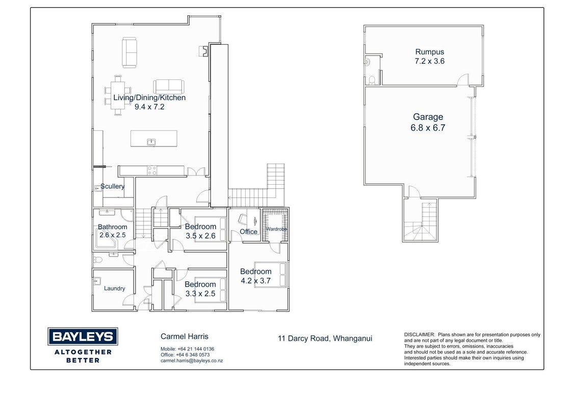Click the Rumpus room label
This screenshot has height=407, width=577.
[x=430, y=52]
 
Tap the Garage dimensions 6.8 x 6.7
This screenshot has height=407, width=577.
[x=428, y=128]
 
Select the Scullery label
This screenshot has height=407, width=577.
[x=112, y=186]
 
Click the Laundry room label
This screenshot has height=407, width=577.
[x=115, y=288]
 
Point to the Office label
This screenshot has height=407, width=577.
[x=248, y=231]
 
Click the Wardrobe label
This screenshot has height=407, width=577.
[x=276, y=229]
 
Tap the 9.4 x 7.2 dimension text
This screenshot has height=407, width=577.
[x=149, y=107]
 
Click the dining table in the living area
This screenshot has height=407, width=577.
[x=118, y=96]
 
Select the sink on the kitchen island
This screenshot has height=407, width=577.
[x=151, y=142]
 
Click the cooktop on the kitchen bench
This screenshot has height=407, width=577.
[x=152, y=170]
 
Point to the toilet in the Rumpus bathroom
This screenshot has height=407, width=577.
[x=372, y=80]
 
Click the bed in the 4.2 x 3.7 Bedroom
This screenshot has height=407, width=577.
[x=270, y=274]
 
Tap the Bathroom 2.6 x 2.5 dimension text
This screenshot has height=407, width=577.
[x=113, y=235]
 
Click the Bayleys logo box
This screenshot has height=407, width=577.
[x=83, y=336]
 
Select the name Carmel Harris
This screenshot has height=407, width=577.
[x=185, y=336]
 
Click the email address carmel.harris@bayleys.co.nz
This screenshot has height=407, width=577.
[x=192, y=361]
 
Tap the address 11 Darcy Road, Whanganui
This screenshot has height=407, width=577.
[x=325, y=338]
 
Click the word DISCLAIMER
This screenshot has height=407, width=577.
[x=419, y=335]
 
